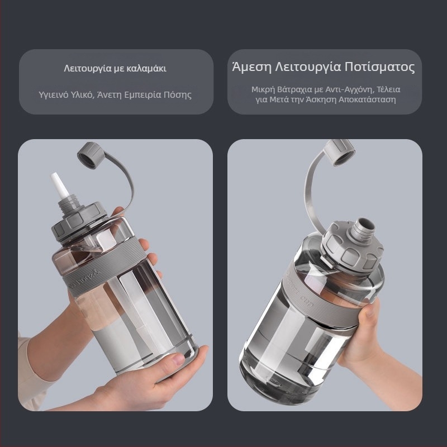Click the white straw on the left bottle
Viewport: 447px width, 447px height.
pyautogui.click(x=60, y=186)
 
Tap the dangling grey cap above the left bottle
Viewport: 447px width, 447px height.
pyautogui.click(x=89, y=155)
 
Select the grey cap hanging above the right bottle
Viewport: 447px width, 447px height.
pyautogui.click(x=339, y=152)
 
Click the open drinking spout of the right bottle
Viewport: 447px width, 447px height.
pyautogui.click(x=364, y=229)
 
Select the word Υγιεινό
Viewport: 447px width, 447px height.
pyautogui.click(x=53, y=94)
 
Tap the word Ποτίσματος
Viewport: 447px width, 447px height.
pyautogui.click(x=380, y=67)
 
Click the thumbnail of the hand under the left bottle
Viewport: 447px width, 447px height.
pyautogui.click(x=179, y=359)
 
